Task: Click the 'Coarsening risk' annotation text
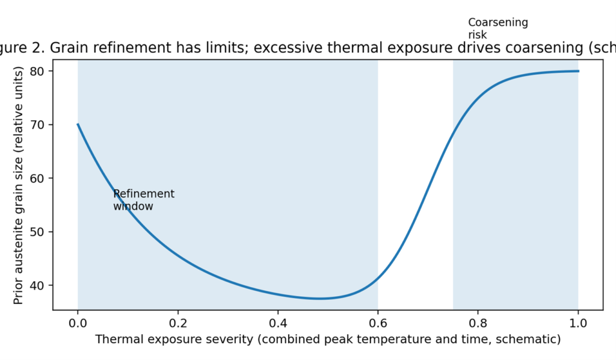pos(497,28)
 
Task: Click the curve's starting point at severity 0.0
pos(78,125)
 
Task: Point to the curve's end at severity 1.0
pos(577,71)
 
